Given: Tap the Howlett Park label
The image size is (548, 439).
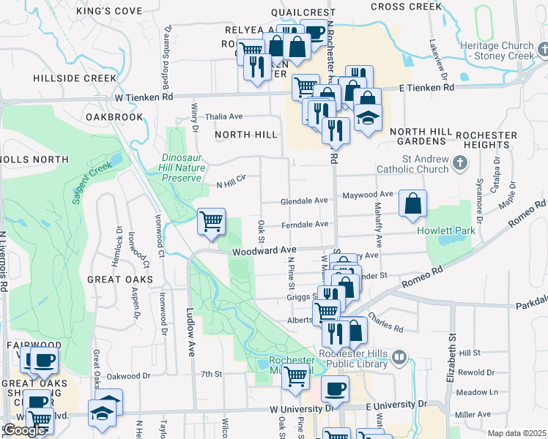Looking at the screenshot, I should coord(446,231).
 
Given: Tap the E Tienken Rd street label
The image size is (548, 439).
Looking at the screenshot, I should coord(426,87).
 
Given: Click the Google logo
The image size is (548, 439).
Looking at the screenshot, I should coord(24,430).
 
